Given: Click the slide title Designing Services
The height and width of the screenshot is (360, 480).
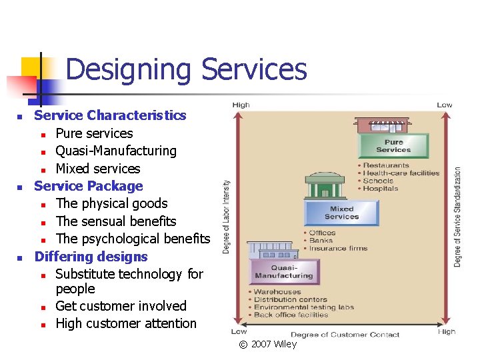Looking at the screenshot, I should tap(186, 69).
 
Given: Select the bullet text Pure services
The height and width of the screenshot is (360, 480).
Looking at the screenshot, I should tap(94, 133).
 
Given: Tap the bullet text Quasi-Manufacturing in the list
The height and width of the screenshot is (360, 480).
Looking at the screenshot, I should tap(115, 151).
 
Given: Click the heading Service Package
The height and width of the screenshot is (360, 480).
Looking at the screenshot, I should tap(89, 186).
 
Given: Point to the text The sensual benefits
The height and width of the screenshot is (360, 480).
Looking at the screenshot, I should tap(116, 221).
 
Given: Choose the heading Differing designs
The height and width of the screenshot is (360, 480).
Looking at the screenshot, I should tap(91, 257).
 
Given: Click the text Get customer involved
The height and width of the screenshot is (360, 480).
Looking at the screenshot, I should tap(121, 306).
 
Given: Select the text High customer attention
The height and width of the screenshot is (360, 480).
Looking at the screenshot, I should tap(126, 323).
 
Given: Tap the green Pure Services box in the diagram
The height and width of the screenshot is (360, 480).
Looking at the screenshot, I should tap(393, 146).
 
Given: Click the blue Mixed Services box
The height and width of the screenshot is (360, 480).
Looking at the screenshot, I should tap(341, 213).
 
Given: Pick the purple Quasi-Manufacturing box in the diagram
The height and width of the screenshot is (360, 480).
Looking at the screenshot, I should tap(283, 271).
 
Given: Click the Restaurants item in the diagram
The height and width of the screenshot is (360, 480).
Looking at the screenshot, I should tap(386, 165).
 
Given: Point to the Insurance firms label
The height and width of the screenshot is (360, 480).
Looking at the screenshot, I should tap(338, 249).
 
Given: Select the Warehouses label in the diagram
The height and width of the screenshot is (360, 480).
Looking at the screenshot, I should tap(277, 292).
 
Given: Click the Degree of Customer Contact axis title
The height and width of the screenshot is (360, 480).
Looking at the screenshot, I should tap(345, 334).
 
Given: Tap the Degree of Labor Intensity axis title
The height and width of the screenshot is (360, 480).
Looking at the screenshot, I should tap(227, 217).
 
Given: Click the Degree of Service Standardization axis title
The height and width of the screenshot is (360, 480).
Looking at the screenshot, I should tap(457, 217).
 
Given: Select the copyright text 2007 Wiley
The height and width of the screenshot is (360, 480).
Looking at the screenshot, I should tap(273, 344).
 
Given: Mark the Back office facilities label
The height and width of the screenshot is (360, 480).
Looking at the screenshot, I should tap(291, 315).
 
